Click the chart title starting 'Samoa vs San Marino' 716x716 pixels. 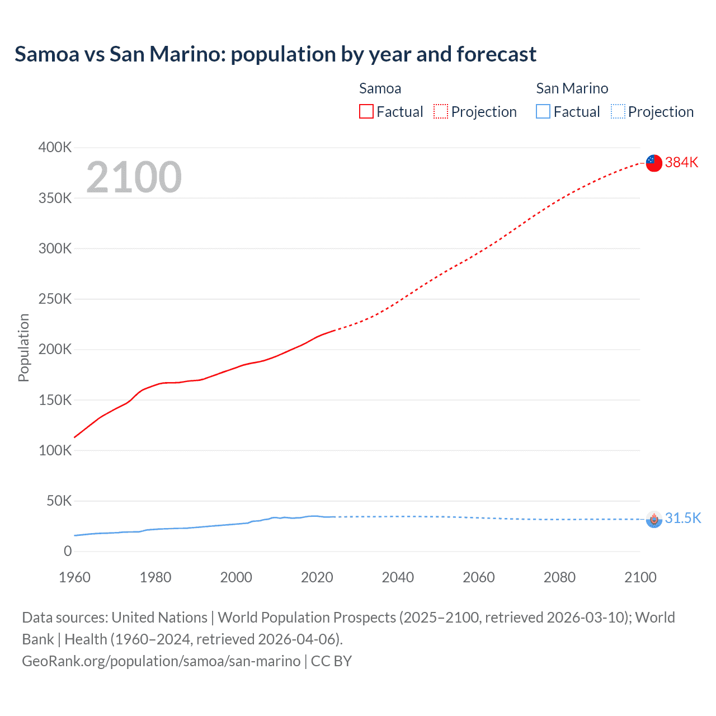275,54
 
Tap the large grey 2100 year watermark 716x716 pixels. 134,177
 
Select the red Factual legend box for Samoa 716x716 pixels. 366,112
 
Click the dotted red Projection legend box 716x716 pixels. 441,112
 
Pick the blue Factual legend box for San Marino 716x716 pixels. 543,112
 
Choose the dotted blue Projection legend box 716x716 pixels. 618,112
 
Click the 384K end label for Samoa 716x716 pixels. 681,162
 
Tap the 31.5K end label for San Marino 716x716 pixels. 682,518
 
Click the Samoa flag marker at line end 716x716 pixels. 654,163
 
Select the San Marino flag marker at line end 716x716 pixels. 654,519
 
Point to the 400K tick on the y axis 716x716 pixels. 55,148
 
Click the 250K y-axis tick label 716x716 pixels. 55,299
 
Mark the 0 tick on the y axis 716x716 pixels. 68,551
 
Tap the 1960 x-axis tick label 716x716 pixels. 74,577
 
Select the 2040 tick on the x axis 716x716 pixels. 398,577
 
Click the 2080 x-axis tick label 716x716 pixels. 559,577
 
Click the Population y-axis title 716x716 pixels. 23,348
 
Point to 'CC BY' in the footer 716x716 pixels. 331,661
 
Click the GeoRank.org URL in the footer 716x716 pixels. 161,661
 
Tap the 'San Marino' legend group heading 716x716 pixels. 572,88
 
